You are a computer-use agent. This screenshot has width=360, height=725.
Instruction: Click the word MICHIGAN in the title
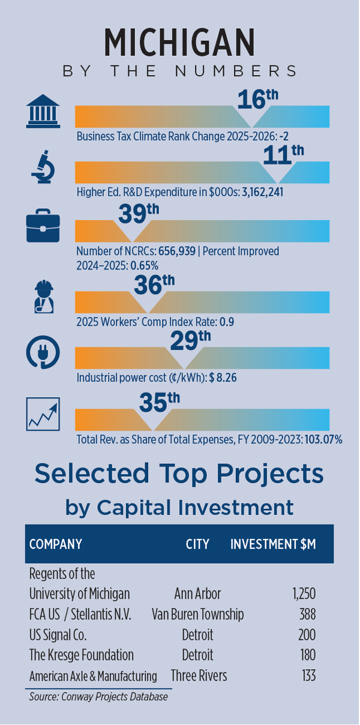coord(179,43)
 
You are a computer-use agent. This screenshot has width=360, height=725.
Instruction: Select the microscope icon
coord(43,169)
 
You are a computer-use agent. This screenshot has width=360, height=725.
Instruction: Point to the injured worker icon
coord(43,297)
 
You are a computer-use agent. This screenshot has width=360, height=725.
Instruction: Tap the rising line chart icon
coord(43,414)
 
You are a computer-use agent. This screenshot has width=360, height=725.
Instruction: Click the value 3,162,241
coord(263,193)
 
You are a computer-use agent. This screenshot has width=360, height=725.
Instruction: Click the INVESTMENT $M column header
coord(273,544)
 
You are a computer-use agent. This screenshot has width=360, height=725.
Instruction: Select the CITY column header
coord(197,544)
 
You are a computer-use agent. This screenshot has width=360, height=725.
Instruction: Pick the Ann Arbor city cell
coord(197,594)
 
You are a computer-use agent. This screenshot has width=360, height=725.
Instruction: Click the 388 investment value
coord(307,615)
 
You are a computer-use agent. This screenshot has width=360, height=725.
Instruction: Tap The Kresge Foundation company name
coord(82,655)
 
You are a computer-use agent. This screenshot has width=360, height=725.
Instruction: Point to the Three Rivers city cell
coord(199,676)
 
